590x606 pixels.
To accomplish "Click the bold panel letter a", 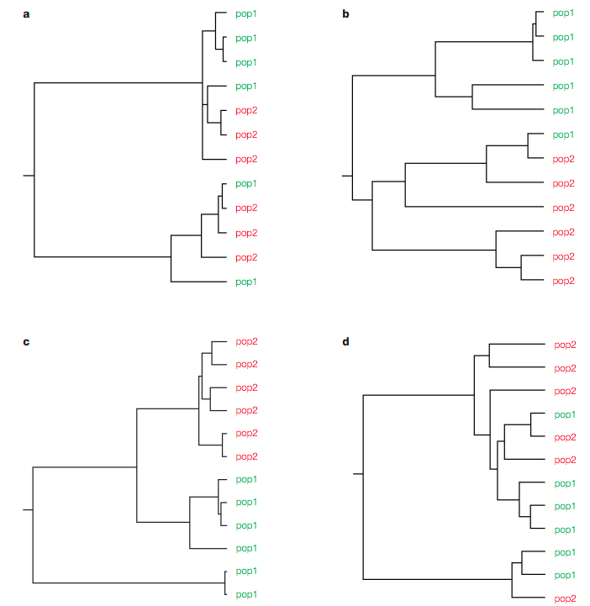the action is pos(26,14).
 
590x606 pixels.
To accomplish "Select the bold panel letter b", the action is pos(345,14).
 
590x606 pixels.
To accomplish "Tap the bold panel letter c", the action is pos(26,342).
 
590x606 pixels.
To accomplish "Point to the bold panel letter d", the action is pos(345,341).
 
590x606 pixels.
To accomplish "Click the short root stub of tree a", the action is pos(29,176).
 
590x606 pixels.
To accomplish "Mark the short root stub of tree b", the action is pos(347,177).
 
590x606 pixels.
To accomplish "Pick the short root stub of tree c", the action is pos(28,510).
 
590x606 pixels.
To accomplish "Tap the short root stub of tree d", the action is pos(358,474).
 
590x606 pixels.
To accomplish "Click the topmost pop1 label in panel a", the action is pos(246,14).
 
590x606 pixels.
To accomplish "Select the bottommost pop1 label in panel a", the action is pos(246,282).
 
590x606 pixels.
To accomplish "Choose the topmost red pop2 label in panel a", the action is pos(246,111).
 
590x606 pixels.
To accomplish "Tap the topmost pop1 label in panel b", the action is pos(563,13).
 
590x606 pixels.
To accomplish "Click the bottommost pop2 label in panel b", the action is pos(564,282).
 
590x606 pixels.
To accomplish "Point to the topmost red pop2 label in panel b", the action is pos(564,160).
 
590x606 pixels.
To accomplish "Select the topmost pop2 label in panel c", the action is pos(246,342).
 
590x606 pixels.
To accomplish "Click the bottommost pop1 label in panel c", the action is pos(246,595).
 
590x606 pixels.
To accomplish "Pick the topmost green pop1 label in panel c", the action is pos(246,480).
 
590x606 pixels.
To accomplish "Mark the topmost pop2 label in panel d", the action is pos(566,345).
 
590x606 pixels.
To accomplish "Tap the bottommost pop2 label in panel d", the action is pos(566,598).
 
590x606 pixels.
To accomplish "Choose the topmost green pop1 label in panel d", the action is pos(565,415).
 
